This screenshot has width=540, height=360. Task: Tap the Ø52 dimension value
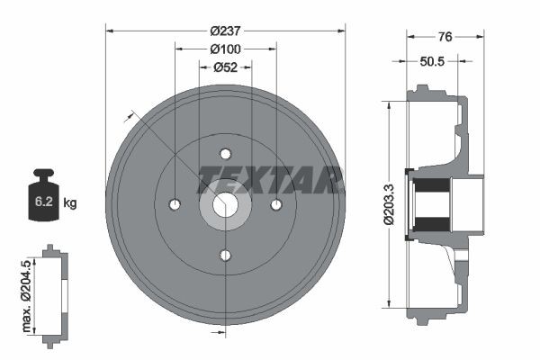pyautogui.click(x=225, y=67)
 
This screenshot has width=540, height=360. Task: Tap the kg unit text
pyautogui.click(x=71, y=203)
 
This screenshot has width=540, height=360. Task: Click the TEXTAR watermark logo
pyautogui.click(x=270, y=180)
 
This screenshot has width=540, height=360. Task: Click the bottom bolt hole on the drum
pyautogui.click(x=225, y=256)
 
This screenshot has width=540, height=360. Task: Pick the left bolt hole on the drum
pyautogui.click(x=175, y=204)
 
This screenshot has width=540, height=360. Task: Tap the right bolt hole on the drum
pyautogui.click(x=276, y=204)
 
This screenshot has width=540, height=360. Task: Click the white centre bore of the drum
pyautogui.click(x=225, y=205)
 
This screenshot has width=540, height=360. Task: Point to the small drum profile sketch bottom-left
pyautogui.click(x=54, y=292)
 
